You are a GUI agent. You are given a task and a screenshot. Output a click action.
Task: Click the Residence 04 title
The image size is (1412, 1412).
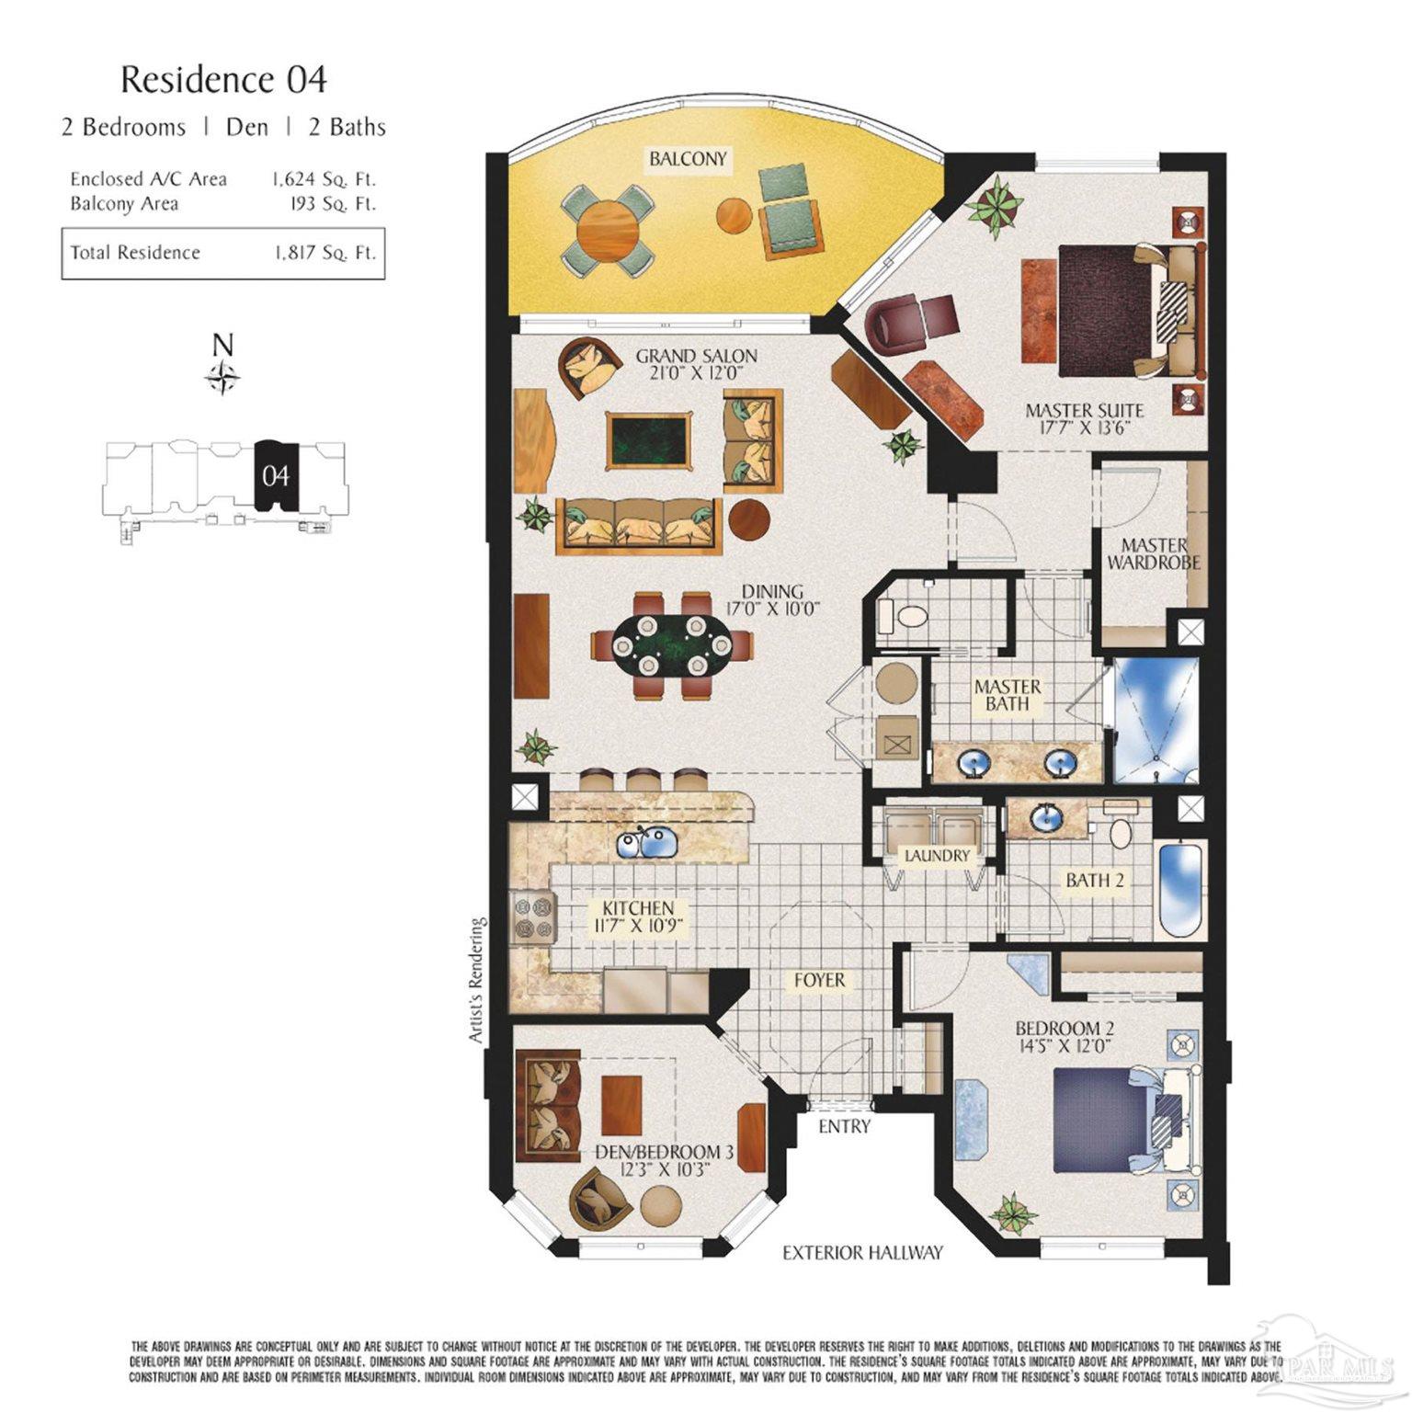tap(223, 80)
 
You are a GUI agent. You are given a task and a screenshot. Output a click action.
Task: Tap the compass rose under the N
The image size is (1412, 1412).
tap(223, 377)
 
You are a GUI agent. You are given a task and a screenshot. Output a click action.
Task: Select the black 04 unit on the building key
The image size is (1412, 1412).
tap(275, 474)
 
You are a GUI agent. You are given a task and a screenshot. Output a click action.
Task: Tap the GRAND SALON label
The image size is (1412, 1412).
tap(696, 356)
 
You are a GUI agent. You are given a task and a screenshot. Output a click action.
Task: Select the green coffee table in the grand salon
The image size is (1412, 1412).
tap(648, 440)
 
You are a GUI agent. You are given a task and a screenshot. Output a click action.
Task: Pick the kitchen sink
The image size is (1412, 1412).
tap(645, 842)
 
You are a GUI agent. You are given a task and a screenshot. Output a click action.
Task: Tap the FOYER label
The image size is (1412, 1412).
tap(819, 980)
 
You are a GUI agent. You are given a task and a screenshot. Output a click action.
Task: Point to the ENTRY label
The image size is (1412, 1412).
tap(843, 1126)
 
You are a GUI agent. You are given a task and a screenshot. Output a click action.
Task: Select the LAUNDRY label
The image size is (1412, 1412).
tap(937, 856)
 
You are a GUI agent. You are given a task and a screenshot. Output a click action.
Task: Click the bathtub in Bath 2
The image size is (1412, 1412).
tap(1177, 890)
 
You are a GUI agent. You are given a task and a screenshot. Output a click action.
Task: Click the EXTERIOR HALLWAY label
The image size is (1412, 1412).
tap(862, 1252)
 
